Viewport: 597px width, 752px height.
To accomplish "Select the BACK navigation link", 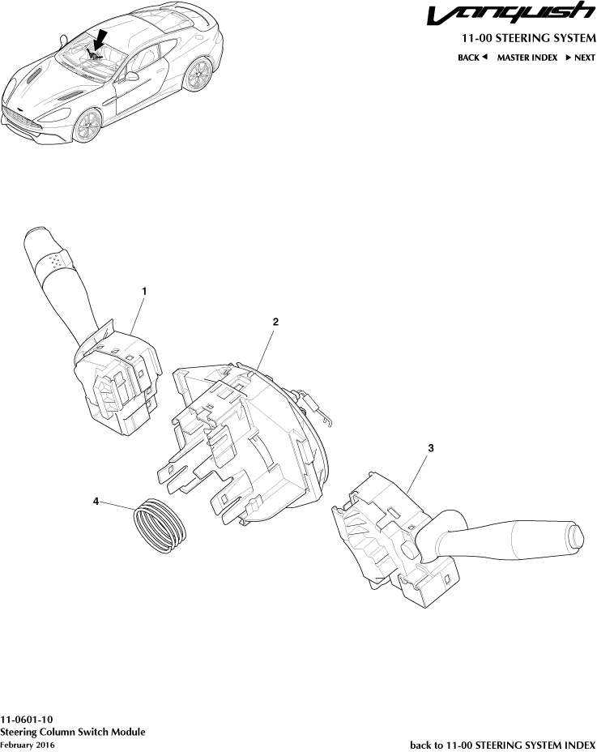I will [x=472, y=58].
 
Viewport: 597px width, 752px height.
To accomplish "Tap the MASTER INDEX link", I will [x=527, y=58].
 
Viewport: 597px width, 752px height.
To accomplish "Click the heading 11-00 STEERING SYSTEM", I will [x=528, y=39].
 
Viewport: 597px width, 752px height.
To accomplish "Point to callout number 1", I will [x=144, y=290].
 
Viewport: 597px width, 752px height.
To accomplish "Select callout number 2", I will [x=275, y=322].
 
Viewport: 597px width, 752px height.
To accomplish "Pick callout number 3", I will [x=431, y=446].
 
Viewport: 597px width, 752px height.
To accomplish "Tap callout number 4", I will [x=96, y=502].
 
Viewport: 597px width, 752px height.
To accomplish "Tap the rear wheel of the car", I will [x=194, y=77].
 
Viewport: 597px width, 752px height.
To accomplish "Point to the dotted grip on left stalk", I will [x=55, y=261].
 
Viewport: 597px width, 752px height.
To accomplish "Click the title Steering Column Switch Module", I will [x=73, y=732].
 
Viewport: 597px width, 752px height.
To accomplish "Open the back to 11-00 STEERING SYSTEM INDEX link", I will [x=502, y=744].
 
